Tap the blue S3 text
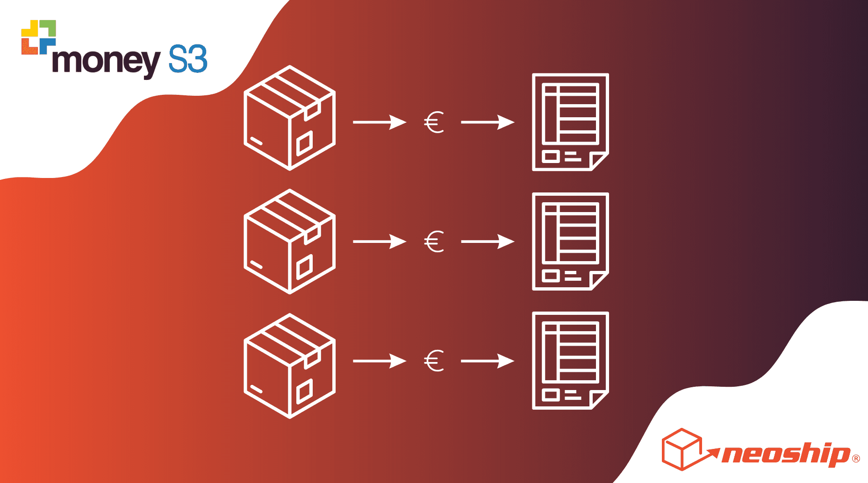(x=188, y=59)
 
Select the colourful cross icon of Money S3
(x=39, y=37)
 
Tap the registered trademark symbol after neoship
(x=856, y=459)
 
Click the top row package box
(x=290, y=118)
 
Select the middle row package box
(x=290, y=241)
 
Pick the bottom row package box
(x=290, y=366)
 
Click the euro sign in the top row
(x=434, y=122)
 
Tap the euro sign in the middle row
(x=434, y=242)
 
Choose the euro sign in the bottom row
(x=434, y=361)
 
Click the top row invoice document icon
(x=570, y=122)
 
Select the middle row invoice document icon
(x=570, y=241)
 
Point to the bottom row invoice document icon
(x=570, y=361)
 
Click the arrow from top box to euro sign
(x=380, y=122)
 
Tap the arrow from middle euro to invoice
(x=488, y=241)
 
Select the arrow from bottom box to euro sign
(x=380, y=361)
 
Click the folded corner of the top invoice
(x=598, y=160)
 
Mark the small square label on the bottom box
(x=304, y=391)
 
